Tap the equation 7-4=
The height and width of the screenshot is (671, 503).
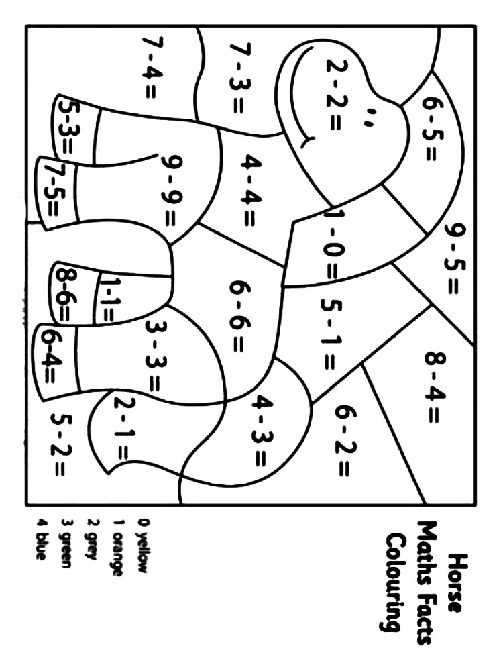coord(149,66)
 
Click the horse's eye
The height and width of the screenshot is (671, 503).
coord(368,121)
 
